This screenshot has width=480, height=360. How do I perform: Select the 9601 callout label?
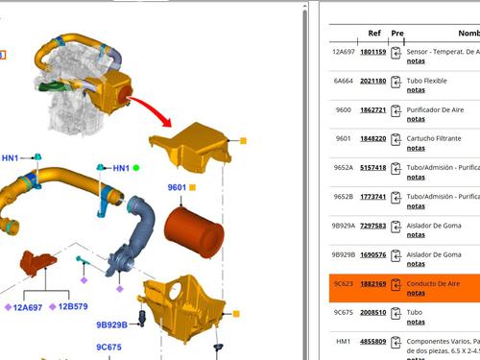[x=177, y=187]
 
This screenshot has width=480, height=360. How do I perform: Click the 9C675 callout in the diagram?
[x=108, y=347]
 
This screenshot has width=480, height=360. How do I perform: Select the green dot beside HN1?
[x=136, y=168]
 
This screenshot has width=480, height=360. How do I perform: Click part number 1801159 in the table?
[x=372, y=52]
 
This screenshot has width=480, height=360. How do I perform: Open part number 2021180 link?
[x=372, y=81]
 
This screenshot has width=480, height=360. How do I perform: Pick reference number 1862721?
[x=372, y=109]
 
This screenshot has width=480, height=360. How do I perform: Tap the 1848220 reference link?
[x=372, y=138]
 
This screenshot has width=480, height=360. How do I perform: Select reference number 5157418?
[x=372, y=167]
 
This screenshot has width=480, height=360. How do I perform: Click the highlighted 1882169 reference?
[x=372, y=284]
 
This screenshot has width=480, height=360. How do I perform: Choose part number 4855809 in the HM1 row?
[x=372, y=341]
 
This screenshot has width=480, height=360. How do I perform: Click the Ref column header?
[x=373, y=33]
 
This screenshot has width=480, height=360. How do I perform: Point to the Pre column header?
[x=397, y=33]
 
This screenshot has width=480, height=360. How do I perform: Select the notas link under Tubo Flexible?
[x=416, y=90]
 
